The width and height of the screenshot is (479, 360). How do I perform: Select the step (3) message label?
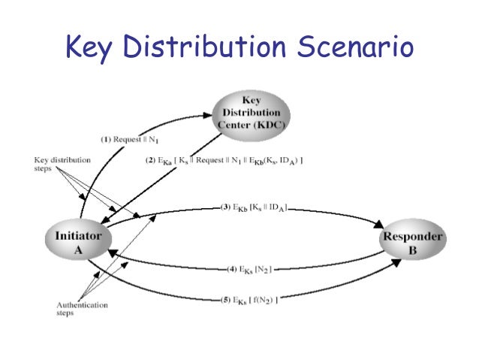point(255,207)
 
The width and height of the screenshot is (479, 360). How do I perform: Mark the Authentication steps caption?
point(82,310)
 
